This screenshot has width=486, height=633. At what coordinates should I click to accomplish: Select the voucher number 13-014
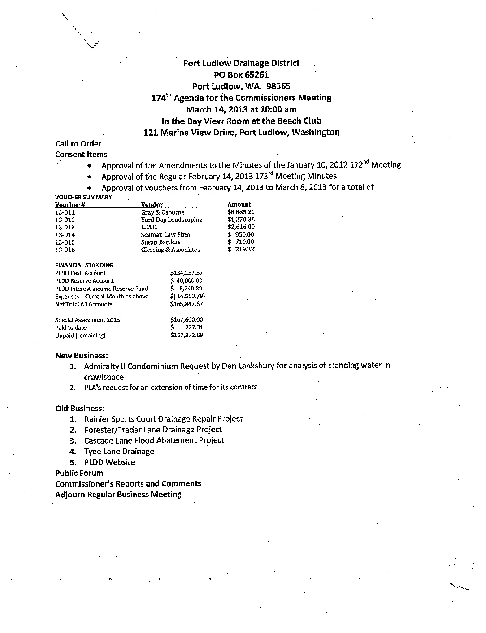[x=65, y=235]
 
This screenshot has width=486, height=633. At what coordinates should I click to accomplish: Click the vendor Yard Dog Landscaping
[x=172, y=220]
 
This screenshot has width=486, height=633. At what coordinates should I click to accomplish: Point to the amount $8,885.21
[x=241, y=212]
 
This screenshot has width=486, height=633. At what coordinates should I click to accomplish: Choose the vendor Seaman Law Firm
[x=165, y=235]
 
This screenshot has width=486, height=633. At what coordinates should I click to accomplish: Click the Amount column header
[x=239, y=205]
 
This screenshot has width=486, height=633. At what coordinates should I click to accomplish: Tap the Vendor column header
[x=152, y=205]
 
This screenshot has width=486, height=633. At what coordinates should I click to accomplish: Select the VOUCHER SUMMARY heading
[x=83, y=197]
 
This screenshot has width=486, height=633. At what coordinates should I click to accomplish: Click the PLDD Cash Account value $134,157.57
[x=187, y=273]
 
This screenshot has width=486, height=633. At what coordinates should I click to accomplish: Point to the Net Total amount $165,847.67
[x=187, y=304]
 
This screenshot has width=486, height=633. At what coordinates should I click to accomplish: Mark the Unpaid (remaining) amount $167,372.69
[x=187, y=336]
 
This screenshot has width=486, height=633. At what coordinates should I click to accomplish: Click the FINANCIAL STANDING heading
[x=84, y=265]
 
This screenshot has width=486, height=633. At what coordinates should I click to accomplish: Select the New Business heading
[x=82, y=356]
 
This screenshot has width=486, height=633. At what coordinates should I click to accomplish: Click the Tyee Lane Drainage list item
[x=119, y=452]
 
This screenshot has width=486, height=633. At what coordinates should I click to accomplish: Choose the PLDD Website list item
[x=109, y=462]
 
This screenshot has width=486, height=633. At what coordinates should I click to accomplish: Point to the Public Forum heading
[x=79, y=473]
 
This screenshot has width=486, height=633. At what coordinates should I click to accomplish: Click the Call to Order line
[x=78, y=144]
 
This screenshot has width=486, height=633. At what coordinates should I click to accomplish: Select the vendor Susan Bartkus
[x=161, y=242]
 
